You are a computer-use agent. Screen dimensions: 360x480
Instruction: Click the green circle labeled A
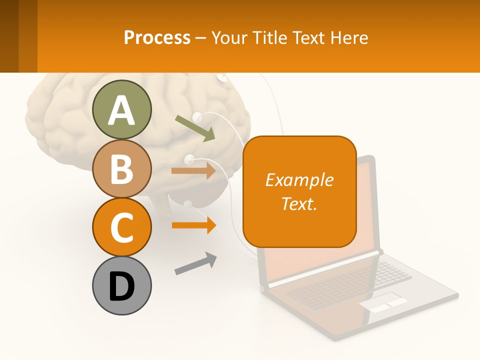[x=122, y=109]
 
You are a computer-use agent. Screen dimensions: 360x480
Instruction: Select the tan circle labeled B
[x=122, y=168]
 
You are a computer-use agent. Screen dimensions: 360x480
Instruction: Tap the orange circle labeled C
[x=122, y=227]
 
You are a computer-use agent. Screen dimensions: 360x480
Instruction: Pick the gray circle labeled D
[x=122, y=285]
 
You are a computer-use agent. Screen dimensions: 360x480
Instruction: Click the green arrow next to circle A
[x=195, y=128]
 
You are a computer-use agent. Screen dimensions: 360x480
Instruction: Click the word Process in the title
[x=157, y=37]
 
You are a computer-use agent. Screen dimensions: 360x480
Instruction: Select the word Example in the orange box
[x=299, y=180]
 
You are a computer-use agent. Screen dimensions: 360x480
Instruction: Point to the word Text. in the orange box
[x=299, y=203]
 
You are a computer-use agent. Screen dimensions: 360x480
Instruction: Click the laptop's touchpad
[x=383, y=303]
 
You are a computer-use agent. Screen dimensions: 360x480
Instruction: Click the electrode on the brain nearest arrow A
[x=197, y=117]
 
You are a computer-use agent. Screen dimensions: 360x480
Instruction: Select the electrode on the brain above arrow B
[x=189, y=160]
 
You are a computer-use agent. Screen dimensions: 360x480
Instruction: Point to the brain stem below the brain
[x=162, y=205]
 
